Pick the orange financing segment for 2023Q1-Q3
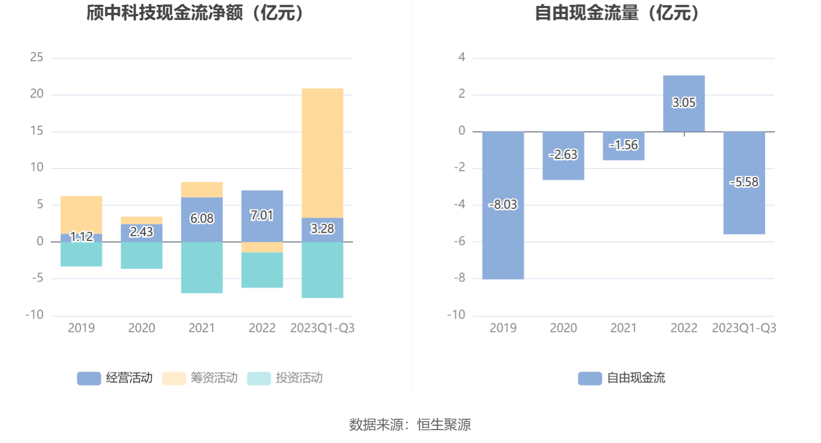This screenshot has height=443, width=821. click(x=322, y=153)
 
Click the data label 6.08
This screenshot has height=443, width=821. click(x=202, y=219)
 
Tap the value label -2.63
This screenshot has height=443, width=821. click(x=563, y=155)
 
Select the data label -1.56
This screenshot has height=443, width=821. click(x=624, y=145)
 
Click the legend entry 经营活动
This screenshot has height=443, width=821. click(x=115, y=378)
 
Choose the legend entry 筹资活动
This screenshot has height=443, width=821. click(x=200, y=378)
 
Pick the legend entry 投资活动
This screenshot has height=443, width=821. click(x=285, y=378)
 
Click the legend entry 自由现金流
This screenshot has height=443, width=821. click(x=622, y=378)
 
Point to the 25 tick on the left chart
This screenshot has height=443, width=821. click(x=36, y=57)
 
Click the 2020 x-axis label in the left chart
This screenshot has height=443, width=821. click(x=142, y=328)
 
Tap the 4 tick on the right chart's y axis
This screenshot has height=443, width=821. click(x=461, y=57)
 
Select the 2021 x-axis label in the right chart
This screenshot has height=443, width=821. click(x=624, y=328)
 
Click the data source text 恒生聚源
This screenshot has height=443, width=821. click(x=444, y=425)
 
